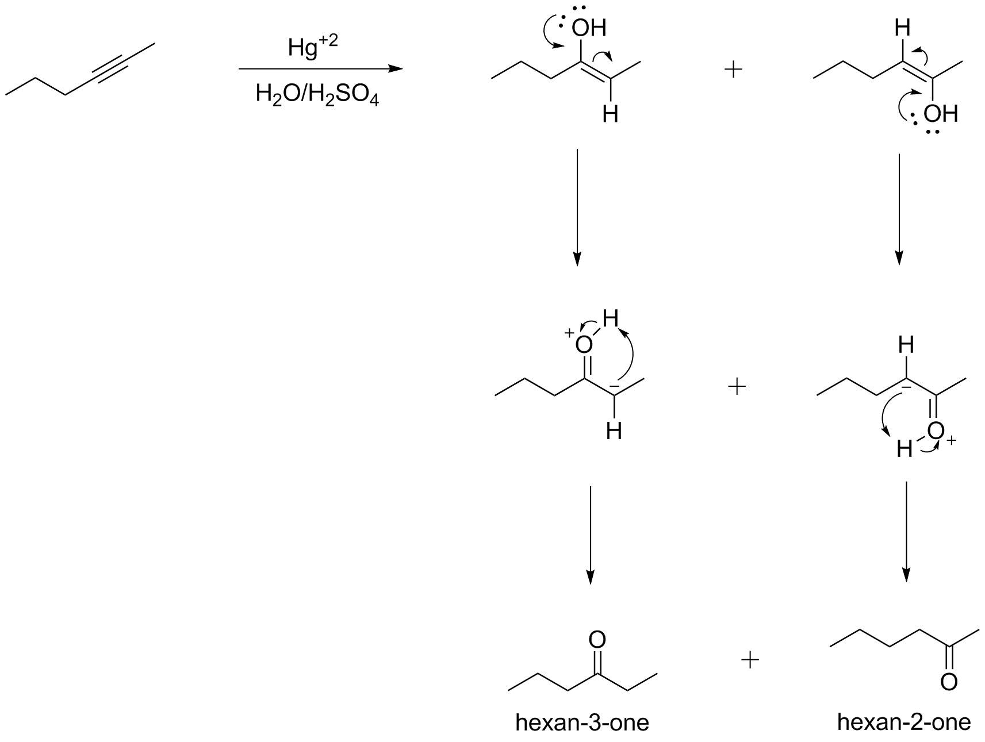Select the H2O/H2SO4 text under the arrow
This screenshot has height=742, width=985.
coord(317,95)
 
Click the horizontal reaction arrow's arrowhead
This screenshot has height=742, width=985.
coord(396,69)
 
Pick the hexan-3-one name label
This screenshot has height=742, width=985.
coord(582,722)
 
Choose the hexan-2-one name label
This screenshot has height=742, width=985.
coord(904,721)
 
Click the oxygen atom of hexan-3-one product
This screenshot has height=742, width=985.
coord(597,639)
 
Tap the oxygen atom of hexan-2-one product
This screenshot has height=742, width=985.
coord(949,682)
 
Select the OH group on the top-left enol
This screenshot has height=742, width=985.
coord(588,28)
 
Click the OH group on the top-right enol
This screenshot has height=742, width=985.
coord(941,114)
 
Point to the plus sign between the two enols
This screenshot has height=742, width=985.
coord(733,70)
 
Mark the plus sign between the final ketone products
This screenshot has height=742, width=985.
coord(750,660)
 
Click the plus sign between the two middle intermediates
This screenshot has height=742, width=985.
coord(737,387)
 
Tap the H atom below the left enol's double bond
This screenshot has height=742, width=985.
coord(611,114)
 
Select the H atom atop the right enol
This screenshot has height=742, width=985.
coord(903,28)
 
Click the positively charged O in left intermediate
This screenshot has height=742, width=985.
coord(583,344)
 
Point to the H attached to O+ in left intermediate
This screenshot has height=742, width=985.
coord(610,317)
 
